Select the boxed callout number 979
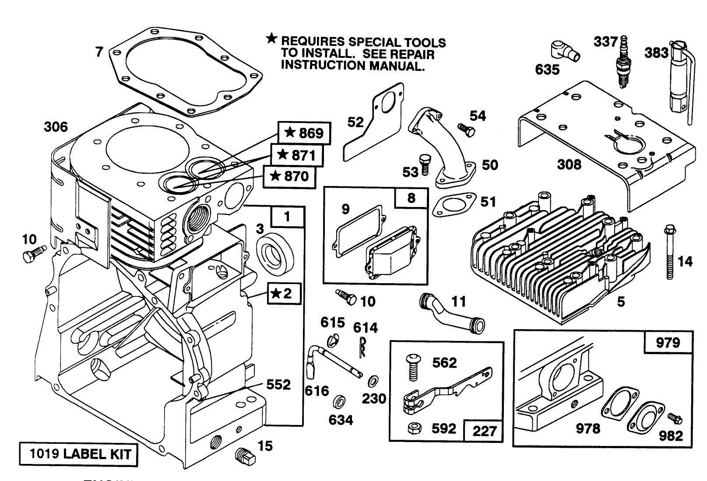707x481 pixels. coord(668,342)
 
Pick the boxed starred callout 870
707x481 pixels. coord(289,177)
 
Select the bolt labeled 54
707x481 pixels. coord(465,130)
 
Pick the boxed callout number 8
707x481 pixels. coord(411,198)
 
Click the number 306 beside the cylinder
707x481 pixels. coord(56,127)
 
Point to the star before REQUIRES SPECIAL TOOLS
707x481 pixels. coord(272,39)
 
